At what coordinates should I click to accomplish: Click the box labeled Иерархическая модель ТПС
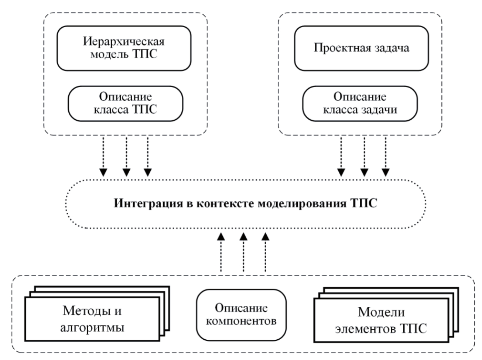coord(124,48)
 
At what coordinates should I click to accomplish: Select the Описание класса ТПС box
coord(126,103)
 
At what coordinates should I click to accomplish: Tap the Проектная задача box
coord(361,48)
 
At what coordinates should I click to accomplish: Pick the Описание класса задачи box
coord(360,103)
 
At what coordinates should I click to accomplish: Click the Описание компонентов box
coord(241,315)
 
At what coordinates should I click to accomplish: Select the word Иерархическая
coord(124,41)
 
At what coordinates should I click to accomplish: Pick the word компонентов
coord(241,321)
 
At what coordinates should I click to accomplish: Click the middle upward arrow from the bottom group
coord(243,253)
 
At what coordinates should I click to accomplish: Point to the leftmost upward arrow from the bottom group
coord(221,253)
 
